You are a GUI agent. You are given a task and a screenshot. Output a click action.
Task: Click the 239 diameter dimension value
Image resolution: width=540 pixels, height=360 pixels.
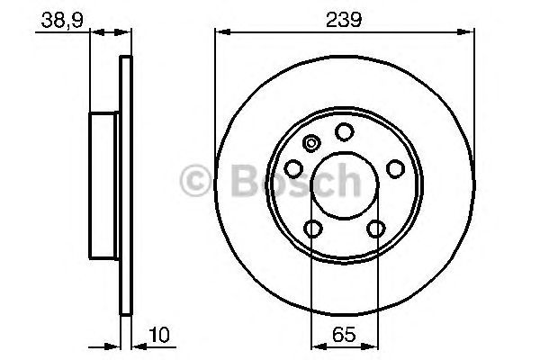coord(344,20)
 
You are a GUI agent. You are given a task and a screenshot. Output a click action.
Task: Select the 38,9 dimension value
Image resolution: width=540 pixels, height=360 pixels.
coord(62,21)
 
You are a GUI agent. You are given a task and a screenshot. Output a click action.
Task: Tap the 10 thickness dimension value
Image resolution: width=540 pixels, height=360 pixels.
coord(159,335)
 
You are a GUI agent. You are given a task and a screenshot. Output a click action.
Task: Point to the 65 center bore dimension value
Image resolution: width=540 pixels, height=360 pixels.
coord(344,334)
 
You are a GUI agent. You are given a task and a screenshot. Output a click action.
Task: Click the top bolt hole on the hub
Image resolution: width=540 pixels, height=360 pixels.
coord(345,131)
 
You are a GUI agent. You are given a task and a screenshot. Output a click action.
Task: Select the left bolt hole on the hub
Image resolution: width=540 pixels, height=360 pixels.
coord(293,169)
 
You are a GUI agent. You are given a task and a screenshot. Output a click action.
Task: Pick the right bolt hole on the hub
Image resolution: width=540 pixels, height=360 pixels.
coord(395,169)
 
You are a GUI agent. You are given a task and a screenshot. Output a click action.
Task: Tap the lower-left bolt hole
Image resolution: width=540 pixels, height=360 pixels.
coord(313,229)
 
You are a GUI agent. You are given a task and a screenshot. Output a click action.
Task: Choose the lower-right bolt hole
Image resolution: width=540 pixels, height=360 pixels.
coord(375,229)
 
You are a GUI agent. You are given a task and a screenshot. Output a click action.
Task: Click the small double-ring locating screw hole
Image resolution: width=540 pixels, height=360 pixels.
coord(311,143)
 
